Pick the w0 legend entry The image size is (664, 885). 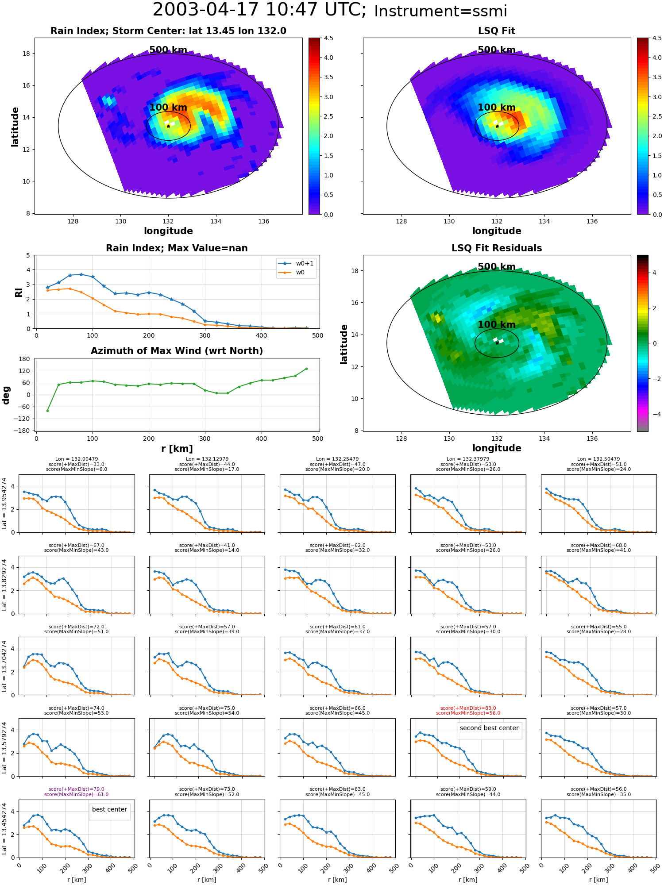296,272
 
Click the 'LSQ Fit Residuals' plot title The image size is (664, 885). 497,248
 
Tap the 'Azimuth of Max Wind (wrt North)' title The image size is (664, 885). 177,351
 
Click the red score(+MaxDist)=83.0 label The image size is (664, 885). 468,708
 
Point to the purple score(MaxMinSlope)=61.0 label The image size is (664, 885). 76,794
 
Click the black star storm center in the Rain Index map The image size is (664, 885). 168,126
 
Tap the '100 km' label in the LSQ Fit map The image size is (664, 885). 497,108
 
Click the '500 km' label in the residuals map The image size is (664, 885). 497,267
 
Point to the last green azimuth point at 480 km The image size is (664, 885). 306,369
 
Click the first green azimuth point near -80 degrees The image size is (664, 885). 47,411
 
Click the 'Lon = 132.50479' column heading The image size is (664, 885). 598,459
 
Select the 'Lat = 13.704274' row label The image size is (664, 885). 4,666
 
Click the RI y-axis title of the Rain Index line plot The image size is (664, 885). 19,292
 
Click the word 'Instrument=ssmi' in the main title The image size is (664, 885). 440,11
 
